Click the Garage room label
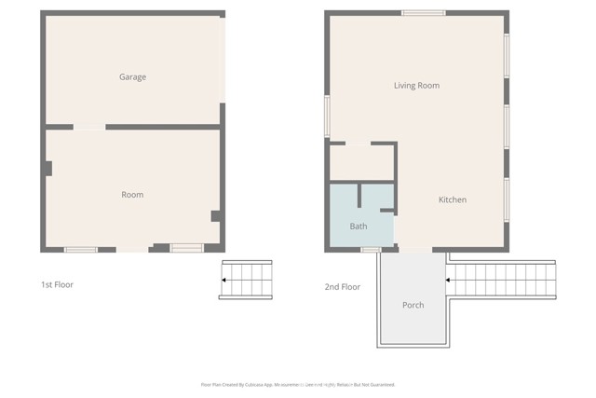click(132, 77)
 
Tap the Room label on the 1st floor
click(132, 195)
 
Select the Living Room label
click(416, 86)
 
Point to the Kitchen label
click(453, 200)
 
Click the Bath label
click(359, 226)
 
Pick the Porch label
click(413, 306)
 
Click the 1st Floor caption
click(57, 284)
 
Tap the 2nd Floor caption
click(342, 287)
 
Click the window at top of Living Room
click(423, 12)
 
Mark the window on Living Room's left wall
click(327, 117)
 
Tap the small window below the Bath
click(371, 249)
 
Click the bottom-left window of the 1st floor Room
click(80, 249)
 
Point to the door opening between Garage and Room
click(89, 126)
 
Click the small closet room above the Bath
click(361, 162)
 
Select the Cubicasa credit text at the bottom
click(298, 384)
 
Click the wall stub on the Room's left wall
click(47, 169)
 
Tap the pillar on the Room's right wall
click(215, 215)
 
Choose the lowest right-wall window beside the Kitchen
click(507, 199)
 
